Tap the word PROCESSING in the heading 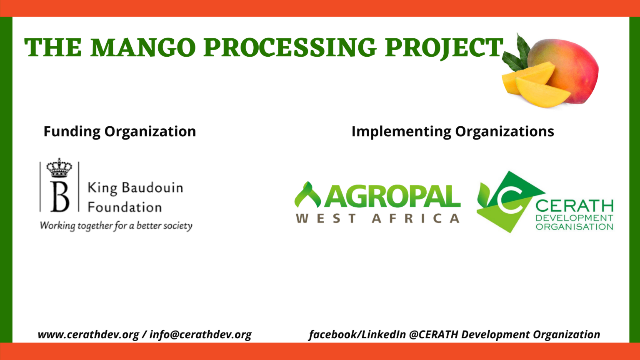(x=290, y=47)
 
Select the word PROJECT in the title (x=444, y=49)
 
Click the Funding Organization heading (x=120, y=132)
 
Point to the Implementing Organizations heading (x=453, y=132)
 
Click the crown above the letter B (x=59, y=168)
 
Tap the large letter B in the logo (x=60, y=196)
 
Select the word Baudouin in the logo (x=152, y=188)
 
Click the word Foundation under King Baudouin (x=125, y=207)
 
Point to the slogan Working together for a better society (x=116, y=226)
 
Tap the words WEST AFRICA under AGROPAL (x=377, y=219)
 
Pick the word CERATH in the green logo (x=574, y=206)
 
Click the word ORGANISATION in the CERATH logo (x=574, y=227)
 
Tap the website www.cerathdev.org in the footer (x=88, y=335)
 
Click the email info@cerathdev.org (x=200, y=335)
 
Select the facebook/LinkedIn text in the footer (x=357, y=335)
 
